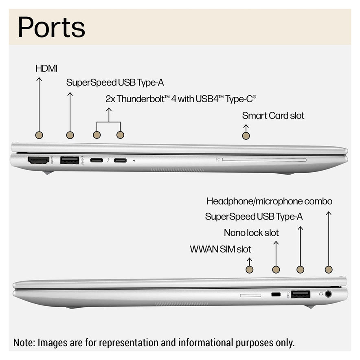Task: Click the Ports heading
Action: pyautogui.click(x=51, y=27)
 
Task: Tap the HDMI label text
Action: pyautogui.click(x=46, y=68)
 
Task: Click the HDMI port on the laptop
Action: pyautogui.click(x=38, y=160)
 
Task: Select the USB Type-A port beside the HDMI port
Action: pyautogui.click(x=70, y=160)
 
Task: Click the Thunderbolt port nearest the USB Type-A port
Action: pyautogui.click(x=97, y=160)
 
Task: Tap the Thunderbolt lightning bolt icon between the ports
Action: pyautogui.click(x=108, y=160)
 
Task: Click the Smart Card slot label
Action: pyautogui.click(x=273, y=116)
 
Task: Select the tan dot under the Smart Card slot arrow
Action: pyautogui.click(x=246, y=135)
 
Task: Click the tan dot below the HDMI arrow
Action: pyautogui.click(x=39, y=135)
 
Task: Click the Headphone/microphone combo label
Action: pyautogui.click(x=269, y=201)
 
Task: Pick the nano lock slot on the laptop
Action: pyautogui.click(x=276, y=294)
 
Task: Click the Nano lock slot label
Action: pyautogui.click(x=251, y=233)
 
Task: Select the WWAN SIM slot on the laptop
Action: pyautogui.click(x=250, y=294)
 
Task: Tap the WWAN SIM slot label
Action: pyautogui.click(x=220, y=249)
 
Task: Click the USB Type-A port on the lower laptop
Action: pyautogui.click(x=300, y=294)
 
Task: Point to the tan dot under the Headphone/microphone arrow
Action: pyautogui.click(x=329, y=269)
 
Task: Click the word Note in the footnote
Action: pyautogui.click(x=24, y=342)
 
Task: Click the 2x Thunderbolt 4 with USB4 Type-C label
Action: pyautogui.click(x=180, y=99)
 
